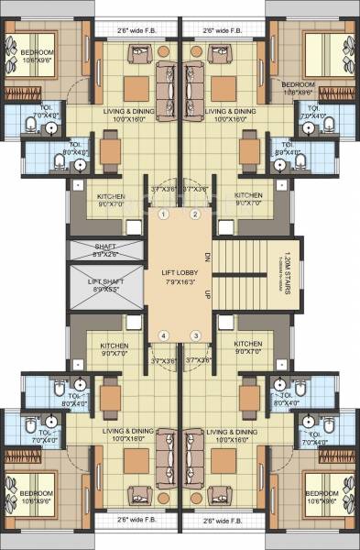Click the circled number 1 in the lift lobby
click(x=162, y=214)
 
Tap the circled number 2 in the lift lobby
click(x=194, y=214)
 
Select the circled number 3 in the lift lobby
click(x=194, y=335)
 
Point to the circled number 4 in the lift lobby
click(x=162, y=335)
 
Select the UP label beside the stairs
click(x=207, y=293)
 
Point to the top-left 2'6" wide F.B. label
click(x=136, y=30)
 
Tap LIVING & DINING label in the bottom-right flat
click(x=230, y=433)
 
